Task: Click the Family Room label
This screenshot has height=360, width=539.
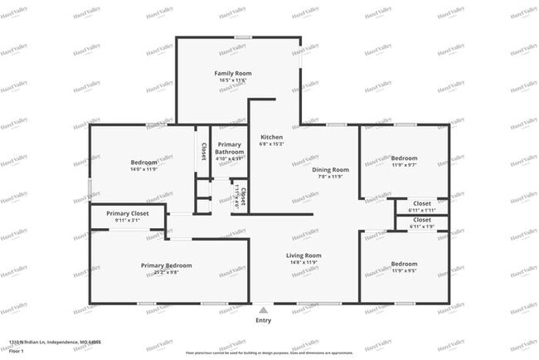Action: tap(233, 74)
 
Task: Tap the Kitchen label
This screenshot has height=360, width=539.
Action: tap(271, 137)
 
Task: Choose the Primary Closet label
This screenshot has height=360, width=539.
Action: tap(128, 213)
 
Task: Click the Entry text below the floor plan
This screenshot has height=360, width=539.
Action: tap(263, 320)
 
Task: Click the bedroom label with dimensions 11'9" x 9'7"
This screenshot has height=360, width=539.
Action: tap(405, 158)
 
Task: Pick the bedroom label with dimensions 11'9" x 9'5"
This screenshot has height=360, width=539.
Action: tap(405, 265)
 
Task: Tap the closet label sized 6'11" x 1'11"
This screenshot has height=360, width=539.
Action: tap(421, 203)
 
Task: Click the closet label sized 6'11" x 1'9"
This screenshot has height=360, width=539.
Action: tap(421, 220)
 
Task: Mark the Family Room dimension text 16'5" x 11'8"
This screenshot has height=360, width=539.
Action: tap(233, 81)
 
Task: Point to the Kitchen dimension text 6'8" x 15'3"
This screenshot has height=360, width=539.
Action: tap(271, 144)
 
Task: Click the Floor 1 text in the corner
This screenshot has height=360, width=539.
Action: tap(17, 350)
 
